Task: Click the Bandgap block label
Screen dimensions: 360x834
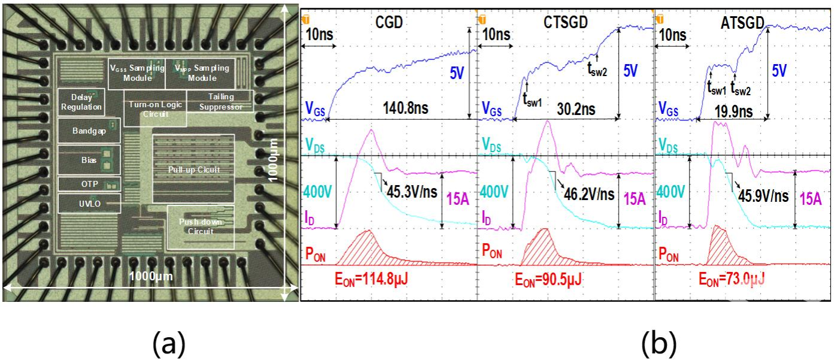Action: (89, 132)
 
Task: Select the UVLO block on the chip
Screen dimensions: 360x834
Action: (89, 204)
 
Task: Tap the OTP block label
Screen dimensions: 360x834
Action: (89, 183)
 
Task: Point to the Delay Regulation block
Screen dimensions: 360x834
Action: (81, 102)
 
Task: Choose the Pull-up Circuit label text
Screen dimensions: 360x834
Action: (193, 170)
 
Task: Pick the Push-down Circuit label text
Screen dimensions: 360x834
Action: (201, 226)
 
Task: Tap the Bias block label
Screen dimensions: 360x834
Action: (89, 161)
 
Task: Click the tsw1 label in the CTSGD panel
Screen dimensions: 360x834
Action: (532, 101)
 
